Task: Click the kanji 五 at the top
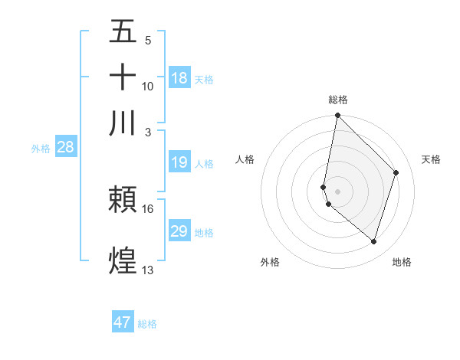[x=123, y=32]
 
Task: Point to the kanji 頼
[x=123, y=200]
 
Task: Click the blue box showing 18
[x=179, y=78]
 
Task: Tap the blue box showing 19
[x=179, y=162]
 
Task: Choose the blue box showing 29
[x=179, y=231]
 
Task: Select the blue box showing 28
[x=65, y=148]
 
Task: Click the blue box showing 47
[x=123, y=322]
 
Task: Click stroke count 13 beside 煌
[x=148, y=270]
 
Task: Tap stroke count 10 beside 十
[x=148, y=87]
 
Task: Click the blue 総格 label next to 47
[x=148, y=324]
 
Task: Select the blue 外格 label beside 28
[x=40, y=149]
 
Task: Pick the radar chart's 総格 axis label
[x=338, y=100]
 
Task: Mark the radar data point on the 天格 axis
[x=396, y=172]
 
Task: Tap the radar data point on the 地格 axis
[x=374, y=241]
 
